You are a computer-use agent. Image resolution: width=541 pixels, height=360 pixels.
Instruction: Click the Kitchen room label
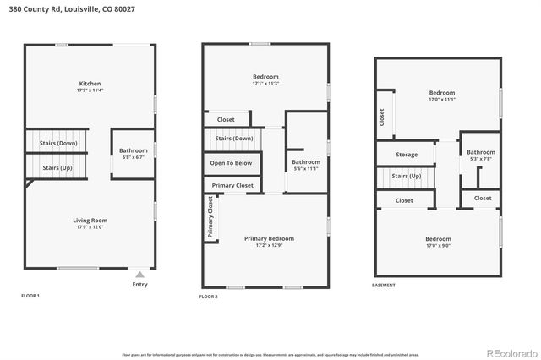click(90, 84)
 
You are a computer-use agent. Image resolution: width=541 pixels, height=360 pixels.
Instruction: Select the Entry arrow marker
click(140, 275)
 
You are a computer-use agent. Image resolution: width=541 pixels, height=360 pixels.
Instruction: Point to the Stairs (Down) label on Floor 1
click(57, 144)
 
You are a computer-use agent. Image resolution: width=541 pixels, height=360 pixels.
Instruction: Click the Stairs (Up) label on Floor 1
click(57, 168)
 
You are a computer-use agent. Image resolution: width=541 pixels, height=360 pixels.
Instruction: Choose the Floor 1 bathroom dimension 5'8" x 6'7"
click(133, 157)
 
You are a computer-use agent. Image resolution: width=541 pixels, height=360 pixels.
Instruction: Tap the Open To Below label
click(231, 163)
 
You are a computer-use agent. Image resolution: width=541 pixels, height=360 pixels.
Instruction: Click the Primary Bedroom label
click(268, 238)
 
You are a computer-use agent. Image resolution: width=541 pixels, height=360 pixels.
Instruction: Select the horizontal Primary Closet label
click(232, 185)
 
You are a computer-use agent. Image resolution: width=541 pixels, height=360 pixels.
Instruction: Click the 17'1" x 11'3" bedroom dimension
click(265, 84)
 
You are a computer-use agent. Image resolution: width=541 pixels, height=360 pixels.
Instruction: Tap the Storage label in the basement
click(407, 155)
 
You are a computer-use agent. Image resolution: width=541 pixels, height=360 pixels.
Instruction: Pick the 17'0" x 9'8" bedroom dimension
click(438, 246)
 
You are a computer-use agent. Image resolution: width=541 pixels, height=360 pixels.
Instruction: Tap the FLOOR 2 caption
click(209, 297)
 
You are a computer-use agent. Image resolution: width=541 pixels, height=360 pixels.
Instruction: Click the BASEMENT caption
click(384, 286)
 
